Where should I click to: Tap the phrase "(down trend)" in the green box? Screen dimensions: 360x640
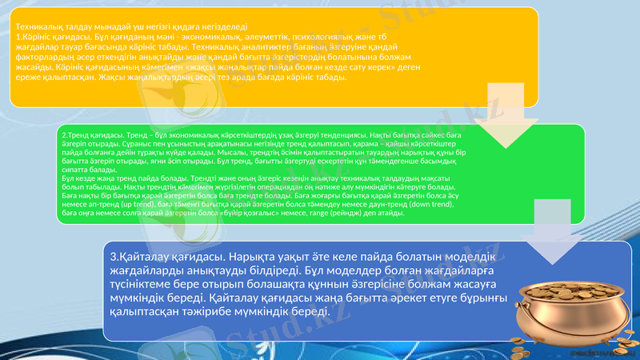point(431,206)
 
